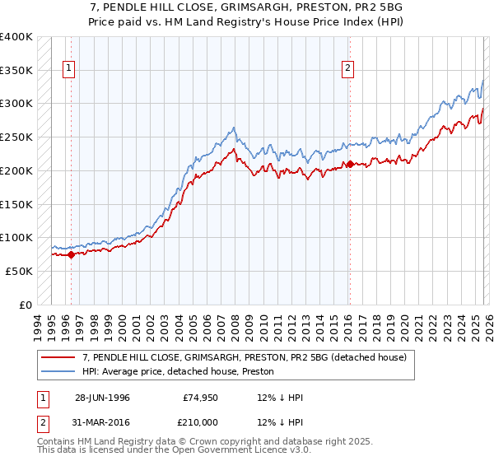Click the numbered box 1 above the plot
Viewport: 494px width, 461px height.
[68, 68]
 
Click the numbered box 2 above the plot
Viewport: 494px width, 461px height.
[348, 68]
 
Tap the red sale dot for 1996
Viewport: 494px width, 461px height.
[71, 254]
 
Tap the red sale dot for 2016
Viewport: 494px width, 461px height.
[350, 164]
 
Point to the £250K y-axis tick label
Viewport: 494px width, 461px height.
[16, 137]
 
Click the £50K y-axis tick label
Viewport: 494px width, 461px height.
[19, 271]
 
